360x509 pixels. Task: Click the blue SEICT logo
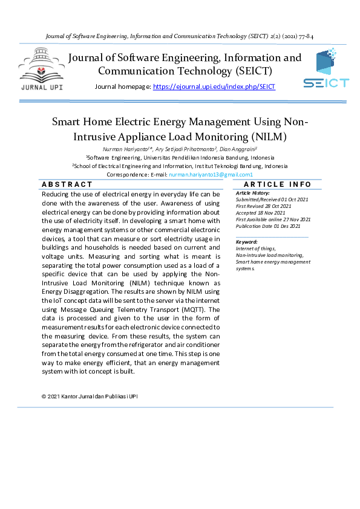click(326, 70)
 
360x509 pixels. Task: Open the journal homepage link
click(214, 87)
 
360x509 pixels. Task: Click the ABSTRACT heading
click(67, 184)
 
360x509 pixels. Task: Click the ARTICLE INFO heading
click(277, 184)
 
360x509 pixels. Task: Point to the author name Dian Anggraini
click(240, 149)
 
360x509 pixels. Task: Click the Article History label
click(253, 193)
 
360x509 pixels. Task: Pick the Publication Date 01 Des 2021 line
click(267, 226)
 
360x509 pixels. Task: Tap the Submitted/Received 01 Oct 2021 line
click(272, 199)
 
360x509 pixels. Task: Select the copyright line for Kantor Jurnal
click(93, 397)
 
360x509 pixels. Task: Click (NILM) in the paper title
click(269, 136)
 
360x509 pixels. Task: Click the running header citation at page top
click(180, 36)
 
